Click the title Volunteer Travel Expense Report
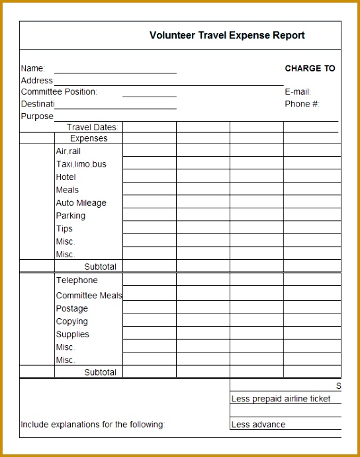click(x=227, y=36)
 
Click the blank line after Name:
click(x=115, y=69)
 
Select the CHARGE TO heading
click(x=310, y=68)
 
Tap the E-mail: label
click(x=298, y=92)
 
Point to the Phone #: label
click(x=302, y=104)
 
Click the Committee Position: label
click(x=59, y=92)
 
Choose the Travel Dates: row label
click(x=92, y=127)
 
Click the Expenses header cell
click(x=88, y=139)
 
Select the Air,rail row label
click(x=68, y=151)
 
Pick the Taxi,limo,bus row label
click(x=81, y=164)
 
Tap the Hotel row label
click(x=66, y=177)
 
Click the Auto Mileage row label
click(x=81, y=203)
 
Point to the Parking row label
click(x=70, y=216)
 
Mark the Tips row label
click(x=64, y=229)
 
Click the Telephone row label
click(x=76, y=280)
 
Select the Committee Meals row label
click(x=89, y=296)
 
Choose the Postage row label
click(x=71, y=309)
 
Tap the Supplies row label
click(x=72, y=335)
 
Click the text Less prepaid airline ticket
click(x=281, y=399)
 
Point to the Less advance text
click(x=258, y=425)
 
